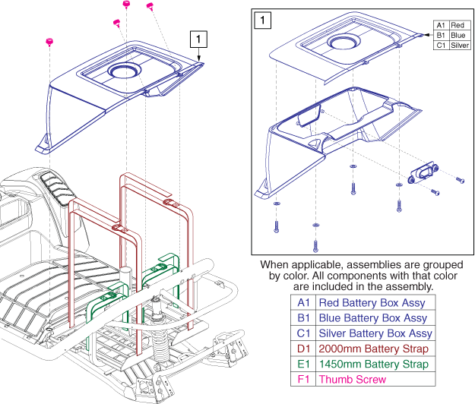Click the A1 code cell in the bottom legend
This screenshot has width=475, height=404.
pos(302,302)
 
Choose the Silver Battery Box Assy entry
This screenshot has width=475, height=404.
pos(375,333)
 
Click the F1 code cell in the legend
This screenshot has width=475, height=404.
pos(302,378)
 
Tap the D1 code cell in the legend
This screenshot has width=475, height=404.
pos(302,348)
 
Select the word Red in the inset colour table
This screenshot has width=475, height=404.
pos(457,25)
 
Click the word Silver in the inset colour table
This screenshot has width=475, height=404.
pos(459,46)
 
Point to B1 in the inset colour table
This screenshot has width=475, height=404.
pos(440,35)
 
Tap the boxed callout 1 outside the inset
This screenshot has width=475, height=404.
pos(198,38)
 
